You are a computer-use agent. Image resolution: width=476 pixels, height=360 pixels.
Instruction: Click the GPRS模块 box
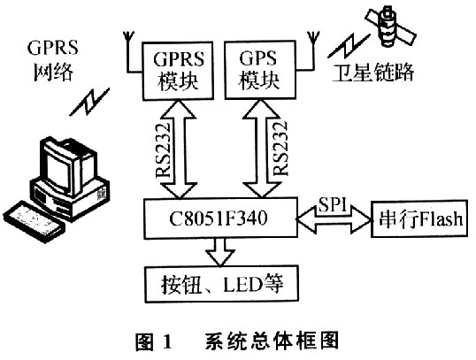tap(178, 71)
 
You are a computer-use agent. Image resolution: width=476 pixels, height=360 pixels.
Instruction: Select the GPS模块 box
tap(260, 70)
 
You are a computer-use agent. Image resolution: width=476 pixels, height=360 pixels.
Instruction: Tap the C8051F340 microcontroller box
tap(220, 218)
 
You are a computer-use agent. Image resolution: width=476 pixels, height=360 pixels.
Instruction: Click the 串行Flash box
tap(419, 218)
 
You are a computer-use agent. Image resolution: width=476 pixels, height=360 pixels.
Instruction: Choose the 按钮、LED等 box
tap(221, 284)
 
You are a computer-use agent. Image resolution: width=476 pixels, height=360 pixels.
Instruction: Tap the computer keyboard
tap(34, 221)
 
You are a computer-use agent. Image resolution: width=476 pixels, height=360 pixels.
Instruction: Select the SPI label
tap(333, 205)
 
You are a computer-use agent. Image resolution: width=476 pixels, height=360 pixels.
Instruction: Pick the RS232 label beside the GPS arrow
tap(280, 149)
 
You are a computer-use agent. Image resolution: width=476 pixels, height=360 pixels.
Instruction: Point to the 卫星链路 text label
tap(372, 73)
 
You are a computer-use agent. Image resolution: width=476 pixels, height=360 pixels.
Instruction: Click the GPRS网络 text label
tap(52, 60)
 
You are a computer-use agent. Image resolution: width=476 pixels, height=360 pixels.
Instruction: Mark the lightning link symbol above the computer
tap(89, 102)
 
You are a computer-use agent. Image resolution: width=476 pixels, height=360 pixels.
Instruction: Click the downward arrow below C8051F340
tap(220, 251)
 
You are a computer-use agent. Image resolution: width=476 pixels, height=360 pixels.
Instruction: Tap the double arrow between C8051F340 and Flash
tap(334, 218)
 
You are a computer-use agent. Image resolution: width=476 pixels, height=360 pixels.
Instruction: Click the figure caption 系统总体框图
tap(271, 341)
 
